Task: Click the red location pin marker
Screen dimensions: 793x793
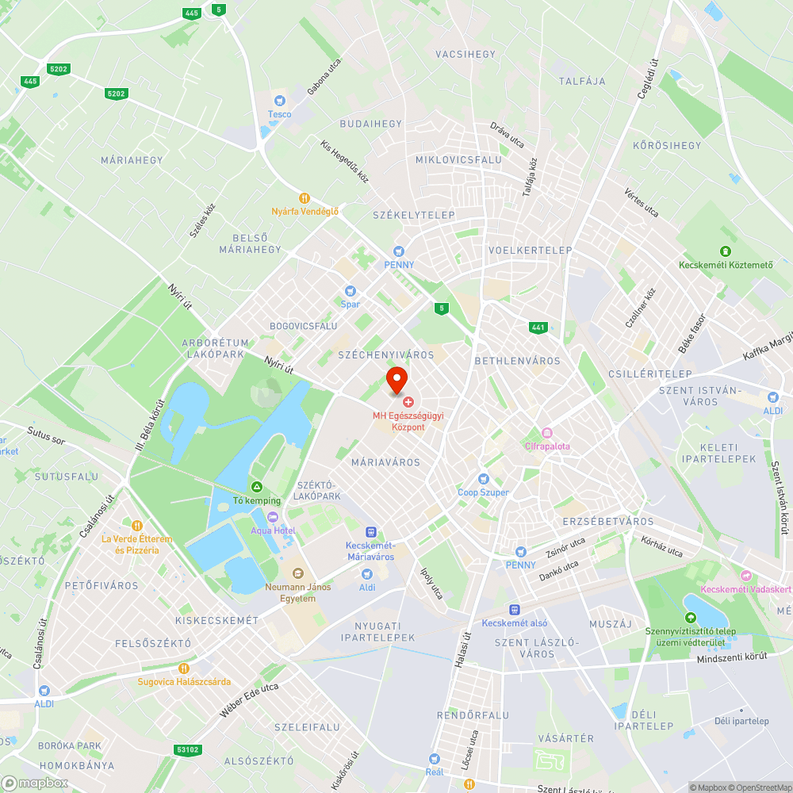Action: (x=396, y=380)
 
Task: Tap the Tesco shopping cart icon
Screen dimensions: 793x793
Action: (x=279, y=101)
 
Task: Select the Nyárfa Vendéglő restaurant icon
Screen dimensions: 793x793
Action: (x=304, y=197)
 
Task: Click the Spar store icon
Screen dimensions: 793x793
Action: (x=350, y=291)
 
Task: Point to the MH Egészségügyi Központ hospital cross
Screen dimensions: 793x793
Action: (x=408, y=403)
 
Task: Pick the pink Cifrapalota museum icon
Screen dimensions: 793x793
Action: (x=547, y=433)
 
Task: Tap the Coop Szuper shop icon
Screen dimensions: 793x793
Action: (x=483, y=479)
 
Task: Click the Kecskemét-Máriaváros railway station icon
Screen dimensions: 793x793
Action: (x=370, y=532)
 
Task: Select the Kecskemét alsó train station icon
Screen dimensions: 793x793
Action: (x=515, y=609)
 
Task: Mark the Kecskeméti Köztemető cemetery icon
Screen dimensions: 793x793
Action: (x=726, y=251)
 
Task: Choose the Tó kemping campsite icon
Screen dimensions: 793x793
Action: (x=256, y=487)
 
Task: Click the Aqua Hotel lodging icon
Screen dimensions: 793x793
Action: (x=273, y=517)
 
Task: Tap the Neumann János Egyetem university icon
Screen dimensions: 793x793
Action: (x=297, y=573)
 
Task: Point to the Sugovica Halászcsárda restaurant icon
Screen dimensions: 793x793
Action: (x=184, y=668)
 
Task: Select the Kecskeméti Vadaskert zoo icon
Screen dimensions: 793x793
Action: (x=745, y=576)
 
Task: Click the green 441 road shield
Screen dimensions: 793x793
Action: (x=539, y=327)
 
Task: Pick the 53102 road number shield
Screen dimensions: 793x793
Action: (x=187, y=749)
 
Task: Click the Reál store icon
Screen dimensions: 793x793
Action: (x=434, y=758)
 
